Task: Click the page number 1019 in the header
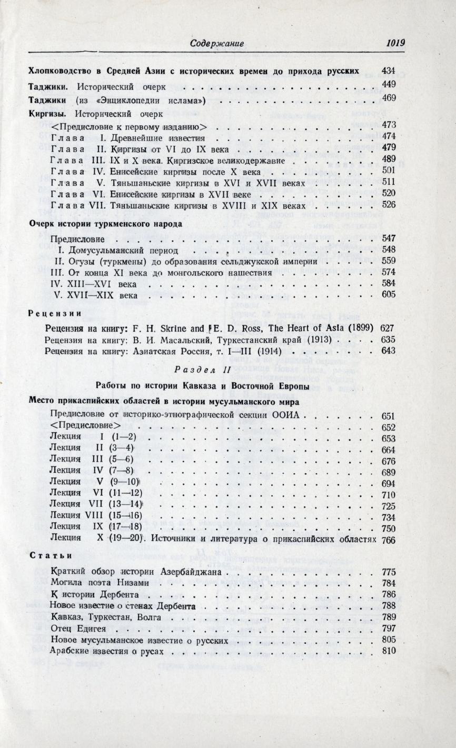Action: point(395,43)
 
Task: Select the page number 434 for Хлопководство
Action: point(388,70)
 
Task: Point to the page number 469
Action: point(388,98)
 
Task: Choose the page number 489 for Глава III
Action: point(388,159)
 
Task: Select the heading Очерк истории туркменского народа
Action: point(105,223)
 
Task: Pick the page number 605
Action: point(388,294)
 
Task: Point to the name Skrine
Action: point(175,328)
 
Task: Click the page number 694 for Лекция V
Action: point(388,483)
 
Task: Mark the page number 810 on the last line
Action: point(388,651)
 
